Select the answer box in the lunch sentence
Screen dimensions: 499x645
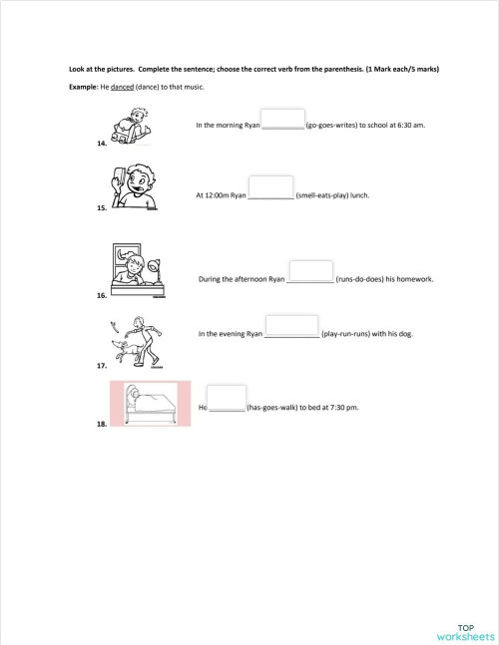click(x=270, y=187)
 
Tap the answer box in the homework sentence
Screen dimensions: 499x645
click(x=311, y=271)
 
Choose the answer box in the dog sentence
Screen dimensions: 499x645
click(x=291, y=326)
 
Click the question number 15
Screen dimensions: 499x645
click(x=102, y=210)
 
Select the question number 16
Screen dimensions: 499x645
click(x=102, y=296)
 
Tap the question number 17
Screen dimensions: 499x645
click(x=102, y=366)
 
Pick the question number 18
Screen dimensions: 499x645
click(x=102, y=425)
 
